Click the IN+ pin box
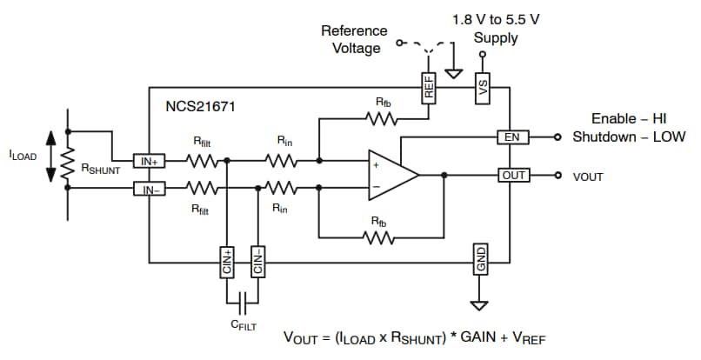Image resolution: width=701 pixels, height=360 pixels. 147,161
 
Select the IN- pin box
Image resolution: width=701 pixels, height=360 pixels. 147,188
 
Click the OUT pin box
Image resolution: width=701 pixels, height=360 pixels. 513,175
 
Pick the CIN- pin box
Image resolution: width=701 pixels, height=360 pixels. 257,261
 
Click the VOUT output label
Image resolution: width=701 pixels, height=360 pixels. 588,176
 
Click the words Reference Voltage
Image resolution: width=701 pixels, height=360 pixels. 353,39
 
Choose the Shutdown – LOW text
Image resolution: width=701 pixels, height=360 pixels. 628,137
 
